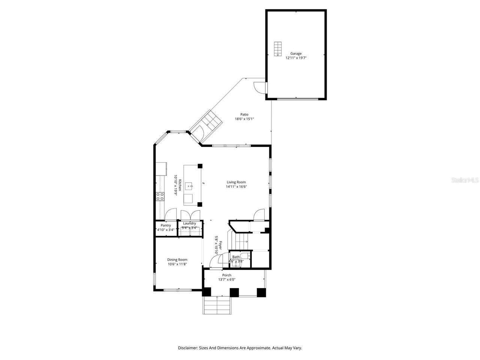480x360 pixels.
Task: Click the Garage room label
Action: [x=295, y=54]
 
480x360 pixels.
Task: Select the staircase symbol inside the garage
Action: [x=277, y=49]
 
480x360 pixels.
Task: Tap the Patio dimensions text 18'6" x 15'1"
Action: [x=244, y=119]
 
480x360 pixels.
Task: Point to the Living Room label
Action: [x=236, y=182]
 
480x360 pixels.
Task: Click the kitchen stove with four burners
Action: [x=160, y=196]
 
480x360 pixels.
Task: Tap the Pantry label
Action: [x=166, y=225]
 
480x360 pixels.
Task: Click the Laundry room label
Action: [x=189, y=223]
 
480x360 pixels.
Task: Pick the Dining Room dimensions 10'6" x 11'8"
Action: [x=177, y=264]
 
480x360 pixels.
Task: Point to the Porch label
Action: [x=226, y=275]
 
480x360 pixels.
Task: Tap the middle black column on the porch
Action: [x=234, y=292]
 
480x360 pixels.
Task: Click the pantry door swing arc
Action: [x=171, y=214]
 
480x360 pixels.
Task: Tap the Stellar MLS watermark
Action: [x=465, y=180]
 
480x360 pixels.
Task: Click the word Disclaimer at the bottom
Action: [x=187, y=348]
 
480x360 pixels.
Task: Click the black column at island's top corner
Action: [x=200, y=166]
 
